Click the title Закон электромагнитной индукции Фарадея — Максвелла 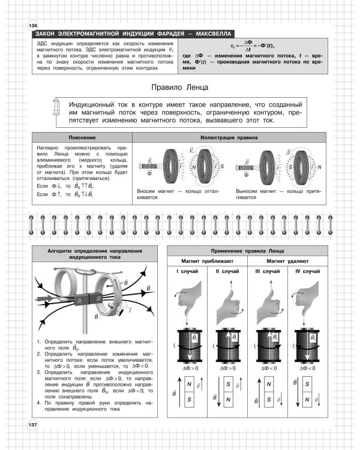tap(132, 34)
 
